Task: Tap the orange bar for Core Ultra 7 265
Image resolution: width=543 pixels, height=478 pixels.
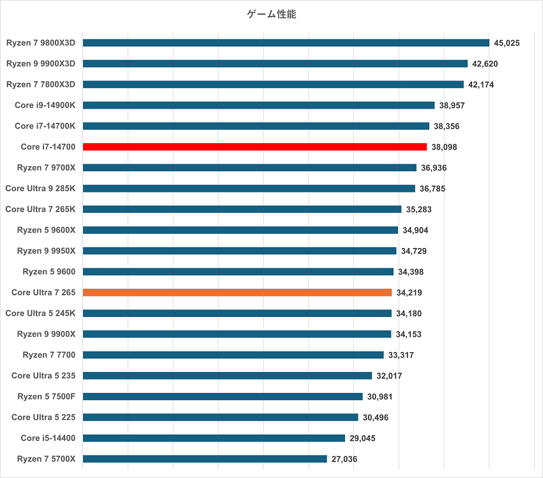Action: pyautogui.click(x=237, y=293)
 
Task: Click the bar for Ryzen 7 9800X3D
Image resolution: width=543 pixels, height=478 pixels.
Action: pyautogui.click(x=286, y=43)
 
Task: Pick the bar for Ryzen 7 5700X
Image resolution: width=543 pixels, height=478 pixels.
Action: pyautogui.click(x=204, y=459)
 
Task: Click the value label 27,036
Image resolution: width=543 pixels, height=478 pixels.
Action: pyautogui.click(x=344, y=459)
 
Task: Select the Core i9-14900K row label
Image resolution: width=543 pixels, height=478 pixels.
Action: pyautogui.click(x=45, y=105)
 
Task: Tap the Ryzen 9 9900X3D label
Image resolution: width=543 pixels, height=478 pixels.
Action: pyautogui.click(x=41, y=63)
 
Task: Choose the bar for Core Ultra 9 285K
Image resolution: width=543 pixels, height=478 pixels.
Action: pyautogui.click(x=249, y=189)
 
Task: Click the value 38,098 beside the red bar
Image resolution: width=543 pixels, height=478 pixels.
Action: pyautogui.click(x=444, y=147)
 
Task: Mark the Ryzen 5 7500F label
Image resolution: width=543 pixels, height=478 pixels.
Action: pyautogui.click(x=46, y=396)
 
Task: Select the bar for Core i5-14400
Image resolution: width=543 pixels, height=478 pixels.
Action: pyautogui.click(x=213, y=438)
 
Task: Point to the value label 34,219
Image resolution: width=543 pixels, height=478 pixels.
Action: pyautogui.click(x=409, y=293)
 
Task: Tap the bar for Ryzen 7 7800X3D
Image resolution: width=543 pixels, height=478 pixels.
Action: pyautogui.click(x=273, y=84)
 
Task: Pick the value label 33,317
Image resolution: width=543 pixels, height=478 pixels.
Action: pyautogui.click(x=401, y=355)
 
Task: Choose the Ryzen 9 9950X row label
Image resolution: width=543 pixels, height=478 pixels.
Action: pyautogui.click(x=46, y=251)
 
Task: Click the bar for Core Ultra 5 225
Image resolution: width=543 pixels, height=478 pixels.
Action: pyautogui.click(x=220, y=417)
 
